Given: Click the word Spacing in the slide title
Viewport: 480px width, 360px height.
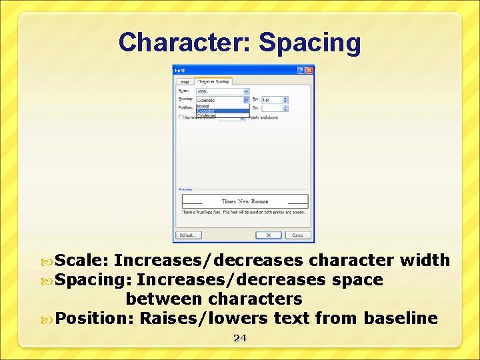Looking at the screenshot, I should (x=310, y=43).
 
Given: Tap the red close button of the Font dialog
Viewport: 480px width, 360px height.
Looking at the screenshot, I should (x=309, y=70).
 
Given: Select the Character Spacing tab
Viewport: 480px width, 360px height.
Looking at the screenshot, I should (x=213, y=81).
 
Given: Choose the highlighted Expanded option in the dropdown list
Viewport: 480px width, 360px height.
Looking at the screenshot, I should (x=207, y=111).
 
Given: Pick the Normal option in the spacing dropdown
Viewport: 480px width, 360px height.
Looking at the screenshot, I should (x=204, y=106).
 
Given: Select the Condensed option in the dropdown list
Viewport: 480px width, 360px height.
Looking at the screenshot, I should (x=207, y=115).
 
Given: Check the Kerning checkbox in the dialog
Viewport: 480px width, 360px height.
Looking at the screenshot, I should (x=181, y=117).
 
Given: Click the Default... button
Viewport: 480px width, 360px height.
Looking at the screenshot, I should (x=188, y=235).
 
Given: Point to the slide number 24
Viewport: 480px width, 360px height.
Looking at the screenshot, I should (x=240, y=338).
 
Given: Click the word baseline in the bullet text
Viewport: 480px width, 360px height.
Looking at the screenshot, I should (x=401, y=318).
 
